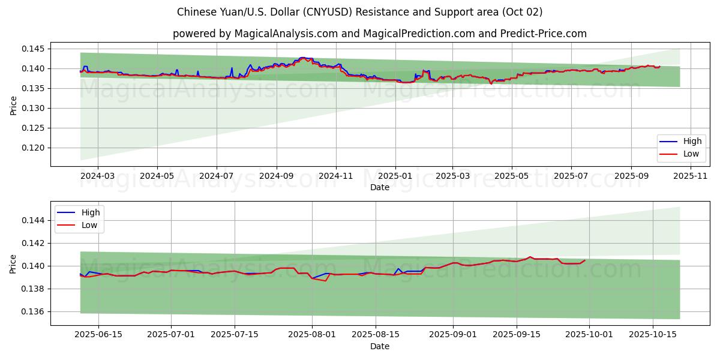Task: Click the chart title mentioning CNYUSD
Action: (360, 12)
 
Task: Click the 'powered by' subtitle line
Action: (380, 34)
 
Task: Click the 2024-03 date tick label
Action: (97, 176)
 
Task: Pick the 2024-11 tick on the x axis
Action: (335, 176)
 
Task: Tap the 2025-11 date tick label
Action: (691, 176)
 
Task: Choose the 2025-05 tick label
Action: (512, 176)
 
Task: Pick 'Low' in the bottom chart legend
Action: (91, 225)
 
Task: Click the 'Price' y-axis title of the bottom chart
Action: (13, 263)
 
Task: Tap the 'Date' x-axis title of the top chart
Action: (380, 187)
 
